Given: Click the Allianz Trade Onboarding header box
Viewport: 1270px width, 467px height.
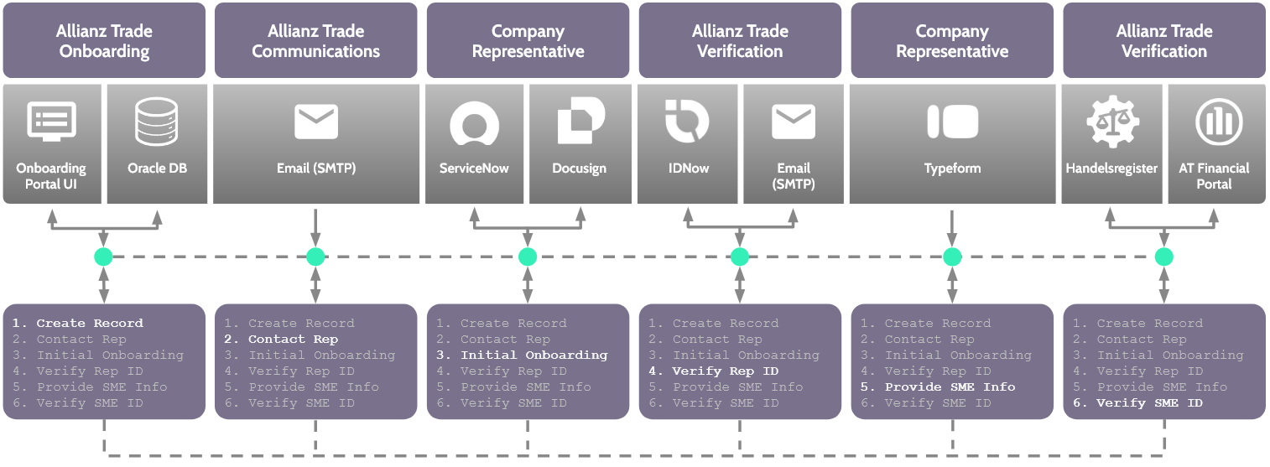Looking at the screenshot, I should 104,40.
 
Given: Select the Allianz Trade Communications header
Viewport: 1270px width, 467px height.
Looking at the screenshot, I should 315,40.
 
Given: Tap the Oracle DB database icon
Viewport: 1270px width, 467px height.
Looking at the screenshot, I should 156,122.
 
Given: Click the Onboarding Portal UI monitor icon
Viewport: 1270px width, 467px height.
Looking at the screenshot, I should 52,122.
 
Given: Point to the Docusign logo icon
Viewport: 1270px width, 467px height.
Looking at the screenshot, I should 580,122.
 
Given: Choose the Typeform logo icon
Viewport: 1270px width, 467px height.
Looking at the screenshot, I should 952,122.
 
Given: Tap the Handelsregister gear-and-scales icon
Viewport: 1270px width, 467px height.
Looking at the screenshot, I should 1111,122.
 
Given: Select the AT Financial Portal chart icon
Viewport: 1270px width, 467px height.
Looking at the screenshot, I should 1216,122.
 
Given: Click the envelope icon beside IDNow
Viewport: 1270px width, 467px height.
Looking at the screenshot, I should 794,122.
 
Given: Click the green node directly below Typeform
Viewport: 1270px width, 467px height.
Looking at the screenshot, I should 951,257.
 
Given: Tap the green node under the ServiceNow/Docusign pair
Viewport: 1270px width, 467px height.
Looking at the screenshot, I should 527,257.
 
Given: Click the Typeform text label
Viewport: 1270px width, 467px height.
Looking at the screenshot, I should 952,169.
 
